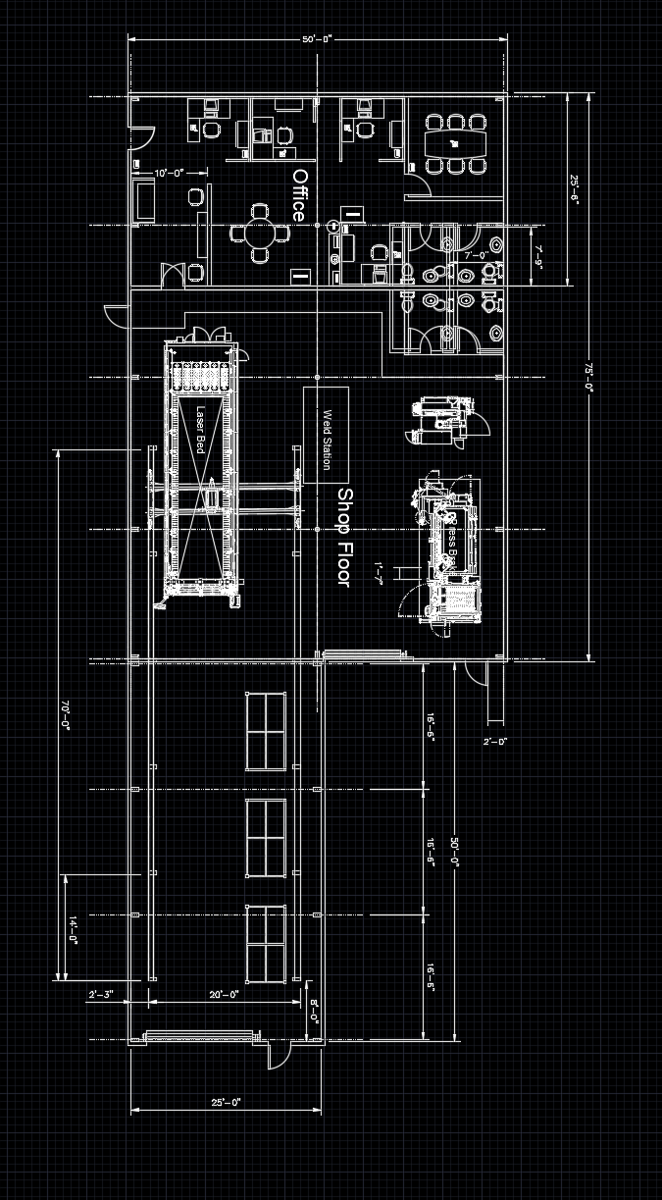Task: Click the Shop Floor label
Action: tap(343, 537)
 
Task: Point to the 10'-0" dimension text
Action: tap(170, 173)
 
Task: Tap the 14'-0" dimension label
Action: tap(73, 928)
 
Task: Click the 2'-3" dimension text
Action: tap(101, 995)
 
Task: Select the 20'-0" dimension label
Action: tap(225, 995)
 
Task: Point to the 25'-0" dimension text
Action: tap(226, 1103)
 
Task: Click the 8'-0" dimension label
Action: tap(314, 1011)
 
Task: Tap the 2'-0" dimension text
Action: tap(495, 742)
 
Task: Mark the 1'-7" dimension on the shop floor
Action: tap(379, 570)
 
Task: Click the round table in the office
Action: tap(259, 234)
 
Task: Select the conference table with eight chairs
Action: tap(454, 143)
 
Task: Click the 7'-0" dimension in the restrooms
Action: tap(477, 255)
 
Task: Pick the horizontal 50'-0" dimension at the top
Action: tap(318, 39)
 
